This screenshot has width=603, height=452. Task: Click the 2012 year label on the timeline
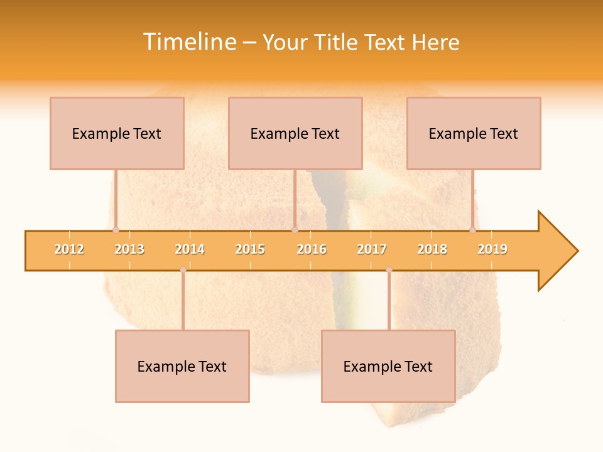coord(69,249)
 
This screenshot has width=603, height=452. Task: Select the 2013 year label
coord(129,249)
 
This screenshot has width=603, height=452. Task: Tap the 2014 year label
coord(190,249)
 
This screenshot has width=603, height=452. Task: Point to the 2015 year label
coord(250,249)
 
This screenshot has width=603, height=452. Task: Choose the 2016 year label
coord(312,249)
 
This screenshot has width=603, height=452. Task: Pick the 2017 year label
coord(372,249)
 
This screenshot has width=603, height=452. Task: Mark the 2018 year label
coord(432,249)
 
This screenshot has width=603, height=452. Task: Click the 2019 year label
coord(492,249)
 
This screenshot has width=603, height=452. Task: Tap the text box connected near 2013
coord(117,133)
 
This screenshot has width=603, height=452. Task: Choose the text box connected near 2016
coord(295,133)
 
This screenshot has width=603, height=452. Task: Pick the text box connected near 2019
coord(474,133)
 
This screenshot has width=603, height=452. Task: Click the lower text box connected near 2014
coord(182,366)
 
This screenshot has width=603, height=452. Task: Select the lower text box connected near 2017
coord(388,366)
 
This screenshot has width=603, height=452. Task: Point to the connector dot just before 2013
coord(116,230)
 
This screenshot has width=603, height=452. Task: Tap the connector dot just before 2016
coord(295,230)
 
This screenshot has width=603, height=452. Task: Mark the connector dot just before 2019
coord(472,230)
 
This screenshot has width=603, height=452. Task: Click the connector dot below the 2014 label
coord(183,270)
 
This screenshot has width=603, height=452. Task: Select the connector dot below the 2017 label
coord(389,270)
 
